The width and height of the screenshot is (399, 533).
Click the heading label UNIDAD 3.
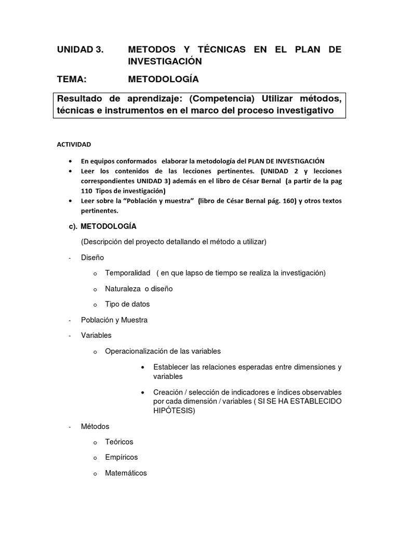(80, 50)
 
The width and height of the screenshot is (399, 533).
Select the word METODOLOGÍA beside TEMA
(163, 79)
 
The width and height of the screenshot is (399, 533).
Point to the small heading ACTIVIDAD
(74, 144)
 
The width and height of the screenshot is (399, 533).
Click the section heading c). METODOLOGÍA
(102, 226)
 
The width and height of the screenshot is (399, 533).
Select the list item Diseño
(92, 257)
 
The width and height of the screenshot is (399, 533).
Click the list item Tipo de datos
(127, 304)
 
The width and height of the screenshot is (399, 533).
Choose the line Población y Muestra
(114, 320)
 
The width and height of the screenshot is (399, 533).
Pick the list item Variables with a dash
(96, 335)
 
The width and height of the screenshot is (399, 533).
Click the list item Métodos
(95, 426)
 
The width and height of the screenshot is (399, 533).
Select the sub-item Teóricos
(119, 441)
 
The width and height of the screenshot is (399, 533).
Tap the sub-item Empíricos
(121, 457)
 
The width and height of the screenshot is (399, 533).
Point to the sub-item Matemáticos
(126, 473)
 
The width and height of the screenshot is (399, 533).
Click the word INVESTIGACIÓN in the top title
(164, 61)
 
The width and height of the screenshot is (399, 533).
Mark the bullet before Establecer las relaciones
(142, 367)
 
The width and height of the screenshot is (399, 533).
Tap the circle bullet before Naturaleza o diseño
(95, 289)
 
